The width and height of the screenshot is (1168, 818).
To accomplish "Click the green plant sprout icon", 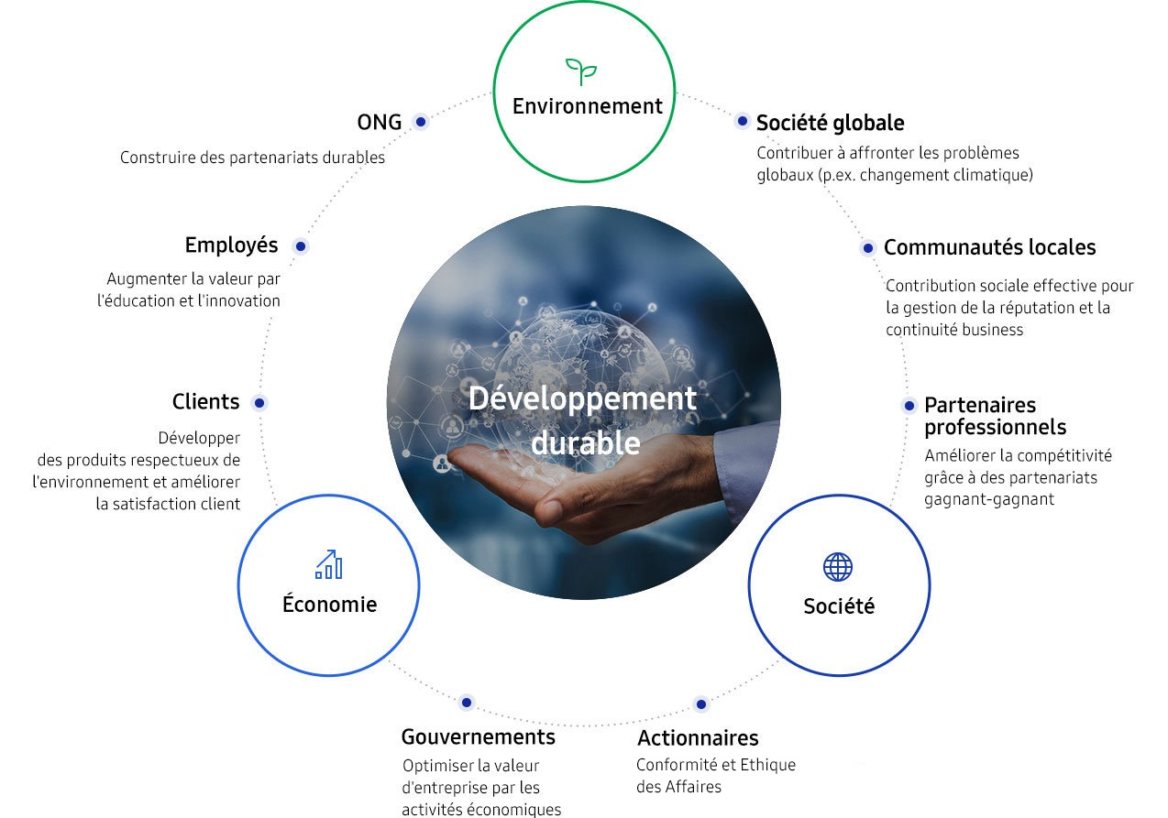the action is [x=581, y=71].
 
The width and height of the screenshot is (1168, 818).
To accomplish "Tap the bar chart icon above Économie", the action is [x=329, y=564].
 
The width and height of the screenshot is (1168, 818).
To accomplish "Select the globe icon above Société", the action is [x=838, y=567].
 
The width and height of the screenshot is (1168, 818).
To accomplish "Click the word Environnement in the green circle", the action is [x=587, y=106].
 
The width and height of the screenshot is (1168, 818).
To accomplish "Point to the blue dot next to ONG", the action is [x=421, y=122].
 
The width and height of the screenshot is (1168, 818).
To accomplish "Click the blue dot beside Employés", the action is [x=301, y=245].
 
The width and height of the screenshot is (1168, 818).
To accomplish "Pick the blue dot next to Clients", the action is [x=259, y=403].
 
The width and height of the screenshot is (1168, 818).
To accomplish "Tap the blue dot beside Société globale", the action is [x=742, y=122].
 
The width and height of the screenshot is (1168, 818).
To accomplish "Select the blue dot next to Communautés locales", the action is [x=868, y=248].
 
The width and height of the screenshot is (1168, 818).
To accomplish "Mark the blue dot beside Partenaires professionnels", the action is [x=909, y=406].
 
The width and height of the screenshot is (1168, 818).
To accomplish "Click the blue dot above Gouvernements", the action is [x=467, y=703].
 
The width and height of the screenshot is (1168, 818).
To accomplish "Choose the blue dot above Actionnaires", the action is [x=701, y=704].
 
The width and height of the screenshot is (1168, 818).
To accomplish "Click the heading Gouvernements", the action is [x=479, y=736].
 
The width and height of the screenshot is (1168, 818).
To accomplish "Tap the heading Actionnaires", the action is [x=698, y=737].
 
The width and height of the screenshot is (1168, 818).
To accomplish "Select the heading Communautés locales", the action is [x=989, y=247].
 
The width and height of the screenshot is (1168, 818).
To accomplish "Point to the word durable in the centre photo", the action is [x=586, y=442].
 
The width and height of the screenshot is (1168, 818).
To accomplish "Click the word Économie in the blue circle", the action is [x=329, y=604].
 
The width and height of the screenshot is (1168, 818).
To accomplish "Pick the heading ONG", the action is [x=379, y=123].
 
